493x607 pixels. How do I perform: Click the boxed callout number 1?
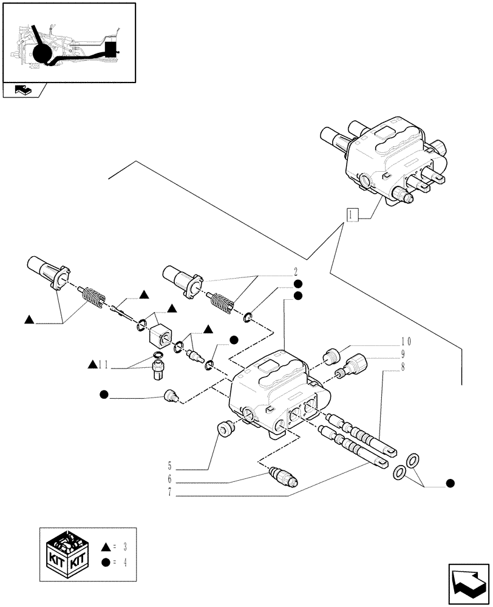pyautogui.click(x=352, y=214)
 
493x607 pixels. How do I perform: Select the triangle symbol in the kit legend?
pyautogui.click(x=105, y=546)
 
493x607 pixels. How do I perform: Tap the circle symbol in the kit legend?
pyautogui.click(x=105, y=562)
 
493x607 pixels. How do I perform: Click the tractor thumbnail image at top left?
pyautogui.click(x=69, y=42)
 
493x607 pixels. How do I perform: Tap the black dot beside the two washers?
pyautogui.click(x=450, y=483)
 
